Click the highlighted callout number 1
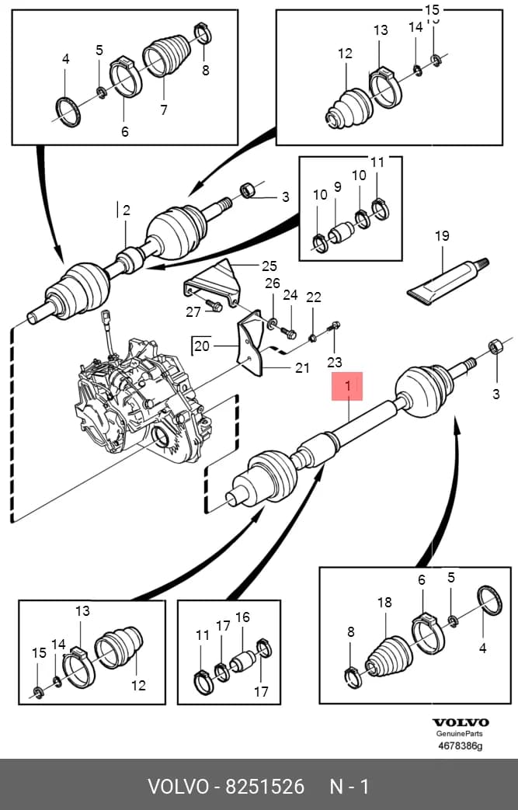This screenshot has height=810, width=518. (348, 386)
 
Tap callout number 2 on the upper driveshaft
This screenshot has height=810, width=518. (126, 210)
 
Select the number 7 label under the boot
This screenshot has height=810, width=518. (164, 110)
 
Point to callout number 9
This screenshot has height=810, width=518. (338, 186)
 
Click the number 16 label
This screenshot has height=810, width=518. (242, 617)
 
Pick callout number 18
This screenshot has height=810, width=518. (384, 602)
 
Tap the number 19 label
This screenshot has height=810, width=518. (442, 236)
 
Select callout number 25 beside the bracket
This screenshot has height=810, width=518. (269, 266)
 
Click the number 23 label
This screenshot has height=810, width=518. (335, 362)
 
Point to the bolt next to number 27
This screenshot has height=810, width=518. (214, 305)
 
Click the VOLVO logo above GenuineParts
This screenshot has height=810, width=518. (461, 723)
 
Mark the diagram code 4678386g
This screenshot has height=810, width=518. (461, 746)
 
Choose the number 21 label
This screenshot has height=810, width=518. (302, 368)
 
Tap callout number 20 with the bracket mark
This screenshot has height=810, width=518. (202, 345)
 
